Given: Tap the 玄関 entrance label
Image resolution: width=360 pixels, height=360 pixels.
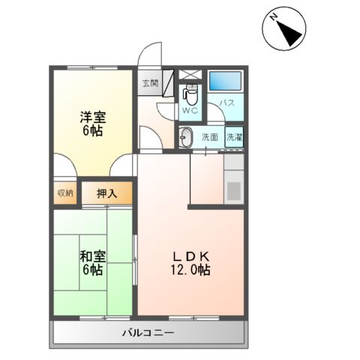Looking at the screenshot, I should (149, 83).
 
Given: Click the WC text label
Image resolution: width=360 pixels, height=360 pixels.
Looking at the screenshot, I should (189, 112).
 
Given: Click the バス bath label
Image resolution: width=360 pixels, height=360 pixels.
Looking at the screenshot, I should (227, 103).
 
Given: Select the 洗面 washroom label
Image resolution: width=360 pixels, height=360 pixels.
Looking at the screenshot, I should (210, 137).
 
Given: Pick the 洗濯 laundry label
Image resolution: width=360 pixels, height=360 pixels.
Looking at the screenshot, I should (234, 137).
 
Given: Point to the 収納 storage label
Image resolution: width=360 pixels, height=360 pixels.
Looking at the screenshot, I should (65, 193).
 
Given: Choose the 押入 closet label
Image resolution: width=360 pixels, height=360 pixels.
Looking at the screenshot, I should (107, 193).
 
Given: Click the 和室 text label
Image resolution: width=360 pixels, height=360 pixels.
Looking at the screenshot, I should (92, 256).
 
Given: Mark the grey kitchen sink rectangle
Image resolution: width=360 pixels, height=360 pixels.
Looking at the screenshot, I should (234, 190).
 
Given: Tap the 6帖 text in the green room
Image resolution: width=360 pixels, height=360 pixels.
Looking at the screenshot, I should (92, 270).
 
